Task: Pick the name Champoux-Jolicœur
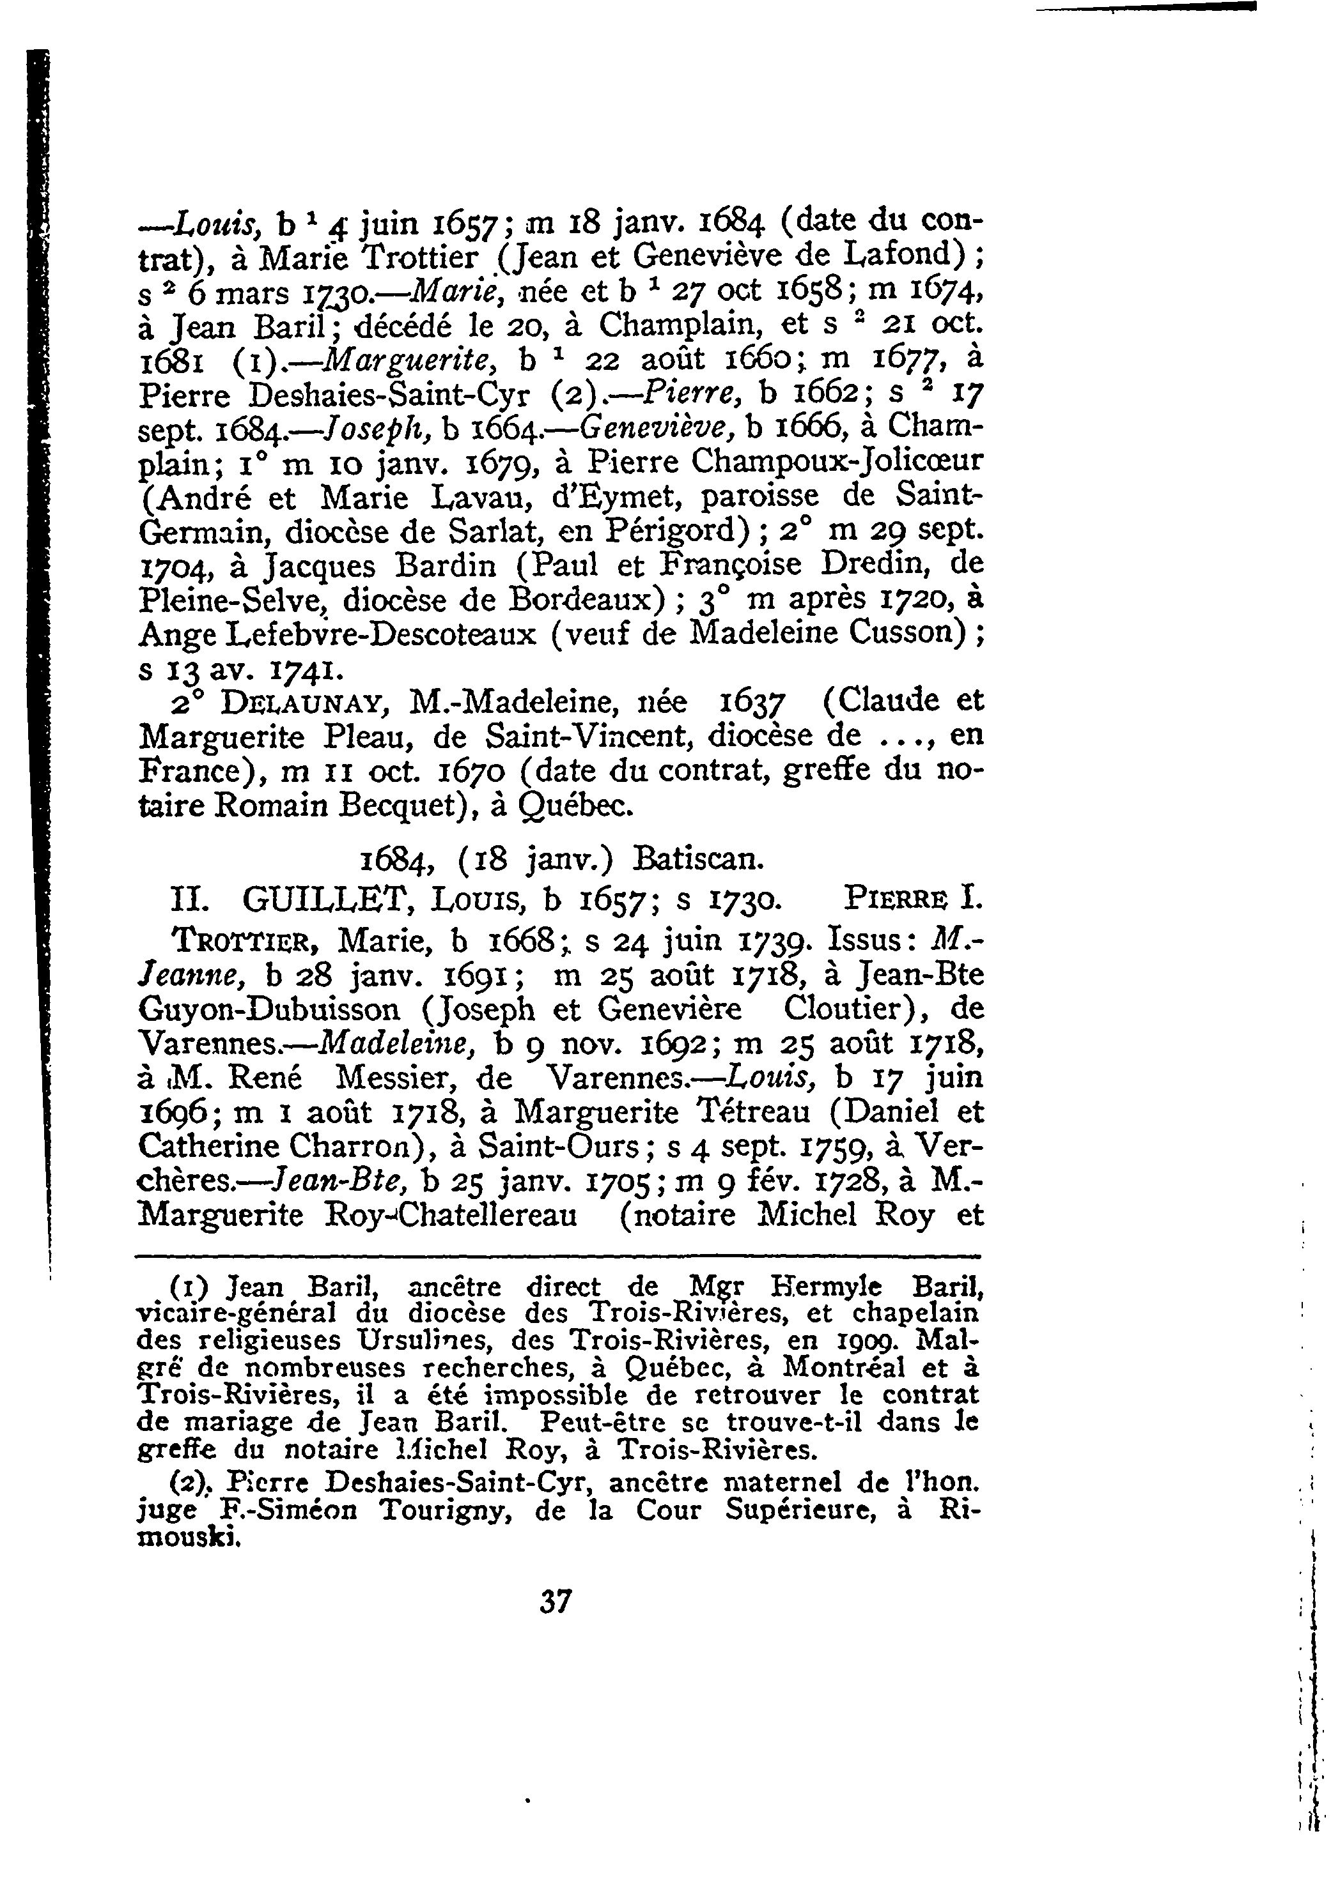836,463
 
